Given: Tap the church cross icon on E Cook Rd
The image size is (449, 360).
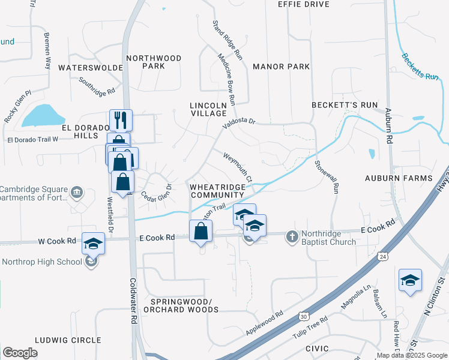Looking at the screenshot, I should (292, 235).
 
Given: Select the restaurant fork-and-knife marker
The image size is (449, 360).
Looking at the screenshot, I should (121, 121).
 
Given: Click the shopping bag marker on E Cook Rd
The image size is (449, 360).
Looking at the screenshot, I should (200, 232).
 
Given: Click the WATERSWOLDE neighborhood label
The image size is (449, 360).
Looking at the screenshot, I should (91, 68).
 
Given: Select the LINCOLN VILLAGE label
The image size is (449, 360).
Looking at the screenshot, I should (208, 109).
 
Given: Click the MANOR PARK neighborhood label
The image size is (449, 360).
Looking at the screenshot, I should (281, 66).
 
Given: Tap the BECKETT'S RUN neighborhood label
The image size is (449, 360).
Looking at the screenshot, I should (345, 105).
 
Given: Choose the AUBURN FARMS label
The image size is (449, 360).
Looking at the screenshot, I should (399, 178).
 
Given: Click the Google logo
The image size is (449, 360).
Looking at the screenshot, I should (20, 353).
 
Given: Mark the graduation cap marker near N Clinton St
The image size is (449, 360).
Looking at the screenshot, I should (410, 281).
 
